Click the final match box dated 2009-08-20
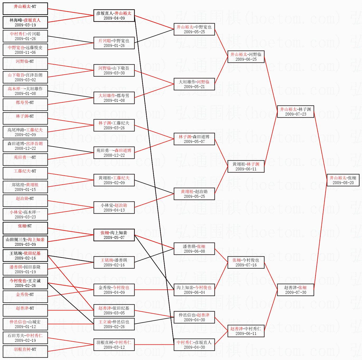(343, 180)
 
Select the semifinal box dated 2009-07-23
(296, 112)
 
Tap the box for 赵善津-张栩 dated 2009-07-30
(296, 290)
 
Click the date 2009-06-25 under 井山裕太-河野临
(246, 59)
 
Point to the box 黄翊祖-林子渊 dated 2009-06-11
(246, 166)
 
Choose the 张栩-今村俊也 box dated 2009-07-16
(246, 262)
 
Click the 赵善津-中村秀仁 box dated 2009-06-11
(246, 331)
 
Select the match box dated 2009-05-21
(194, 84)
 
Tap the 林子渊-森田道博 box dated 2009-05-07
(194, 139)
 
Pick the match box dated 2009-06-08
(194, 249)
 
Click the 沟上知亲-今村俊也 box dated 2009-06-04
(194, 290)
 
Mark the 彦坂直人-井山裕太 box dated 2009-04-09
(114, 16)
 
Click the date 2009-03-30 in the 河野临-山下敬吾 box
(114, 73)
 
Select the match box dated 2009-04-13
(114, 208)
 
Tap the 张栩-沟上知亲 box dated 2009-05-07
(114, 235)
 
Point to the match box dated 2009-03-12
(114, 345)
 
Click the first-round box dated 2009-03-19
(25, 22)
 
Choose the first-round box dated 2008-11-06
(25, 50)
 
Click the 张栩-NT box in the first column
(25, 228)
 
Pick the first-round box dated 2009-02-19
(25, 338)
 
